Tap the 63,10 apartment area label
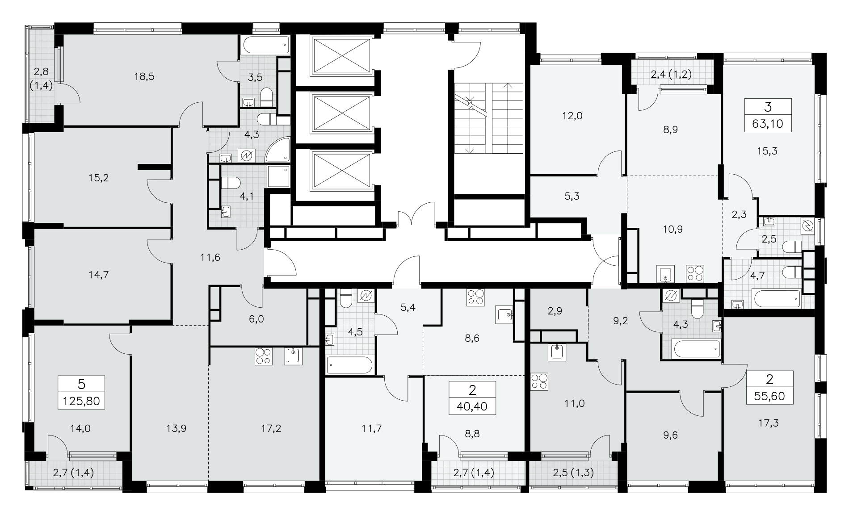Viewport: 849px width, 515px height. tap(768, 123)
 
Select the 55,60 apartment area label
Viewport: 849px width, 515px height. tap(769, 396)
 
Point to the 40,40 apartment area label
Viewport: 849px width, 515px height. tap(473, 406)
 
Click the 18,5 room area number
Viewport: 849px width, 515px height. tap(144, 76)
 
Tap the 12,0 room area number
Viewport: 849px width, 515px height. tap(572, 116)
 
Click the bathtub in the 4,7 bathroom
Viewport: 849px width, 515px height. tap(776, 298)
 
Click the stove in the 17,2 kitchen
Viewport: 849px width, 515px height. tap(263, 356)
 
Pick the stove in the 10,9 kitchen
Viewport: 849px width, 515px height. tap(695, 273)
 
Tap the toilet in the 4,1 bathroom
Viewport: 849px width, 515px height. tap(231, 183)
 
